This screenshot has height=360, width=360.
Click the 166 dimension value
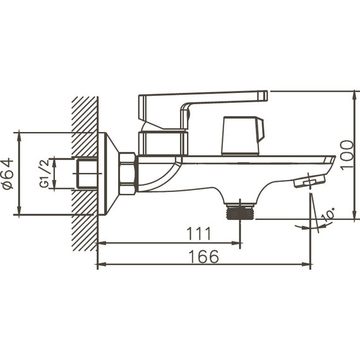[203, 257]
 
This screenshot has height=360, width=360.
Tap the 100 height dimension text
[347, 155]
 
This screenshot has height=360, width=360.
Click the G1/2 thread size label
[44, 174]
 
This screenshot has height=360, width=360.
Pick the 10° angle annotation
[328, 215]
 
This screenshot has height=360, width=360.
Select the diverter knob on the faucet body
[242, 135]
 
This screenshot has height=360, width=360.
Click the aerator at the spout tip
[308, 182]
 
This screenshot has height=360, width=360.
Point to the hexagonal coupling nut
[128, 173]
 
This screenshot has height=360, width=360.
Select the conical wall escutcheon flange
[108, 173]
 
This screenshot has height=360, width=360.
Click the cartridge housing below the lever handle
[163, 142]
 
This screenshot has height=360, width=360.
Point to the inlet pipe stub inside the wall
[87, 174]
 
